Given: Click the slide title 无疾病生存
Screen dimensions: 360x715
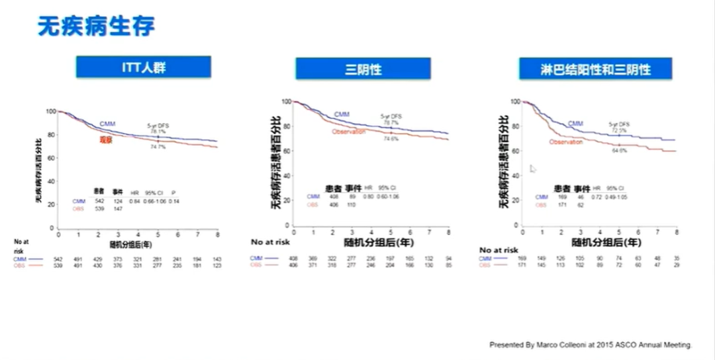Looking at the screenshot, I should point(96,26).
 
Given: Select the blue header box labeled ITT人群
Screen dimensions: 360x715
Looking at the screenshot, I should point(143,67).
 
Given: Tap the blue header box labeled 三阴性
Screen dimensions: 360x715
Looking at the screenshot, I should point(363,69).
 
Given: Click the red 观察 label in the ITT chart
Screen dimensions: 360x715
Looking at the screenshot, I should point(107,140).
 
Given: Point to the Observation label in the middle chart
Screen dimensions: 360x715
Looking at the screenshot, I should point(349,132).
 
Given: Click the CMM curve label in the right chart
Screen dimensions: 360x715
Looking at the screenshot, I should point(575,124).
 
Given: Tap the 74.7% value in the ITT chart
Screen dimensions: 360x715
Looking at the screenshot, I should point(158,146).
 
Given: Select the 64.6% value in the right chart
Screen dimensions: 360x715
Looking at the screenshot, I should point(619,151).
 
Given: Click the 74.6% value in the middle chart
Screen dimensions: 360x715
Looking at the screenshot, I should point(391,138).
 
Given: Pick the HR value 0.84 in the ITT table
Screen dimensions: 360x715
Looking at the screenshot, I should point(136,201).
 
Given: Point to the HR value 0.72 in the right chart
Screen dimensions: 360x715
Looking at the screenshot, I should point(597,197).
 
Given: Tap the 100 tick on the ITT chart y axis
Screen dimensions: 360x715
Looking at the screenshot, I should point(51,111).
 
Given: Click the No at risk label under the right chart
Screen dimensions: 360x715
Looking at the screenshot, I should point(499,250).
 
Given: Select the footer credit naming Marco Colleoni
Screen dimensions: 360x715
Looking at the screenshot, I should point(591,345).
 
